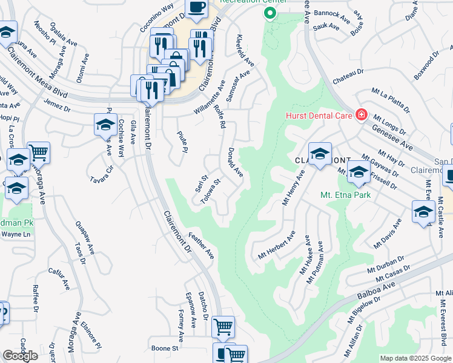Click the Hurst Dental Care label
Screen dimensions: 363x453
tap(320, 114)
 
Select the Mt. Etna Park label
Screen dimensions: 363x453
tap(345, 195)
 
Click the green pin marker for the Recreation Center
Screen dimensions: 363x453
tap(269, 13)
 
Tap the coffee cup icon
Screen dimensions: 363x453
tap(196, 7)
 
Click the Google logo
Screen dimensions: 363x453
tap(20, 356)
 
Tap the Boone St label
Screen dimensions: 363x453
tap(165, 348)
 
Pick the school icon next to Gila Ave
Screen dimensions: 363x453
tap(105, 125)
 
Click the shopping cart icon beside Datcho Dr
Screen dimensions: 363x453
tap(223, 327)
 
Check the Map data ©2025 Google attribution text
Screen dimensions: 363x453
tap(415, 358)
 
